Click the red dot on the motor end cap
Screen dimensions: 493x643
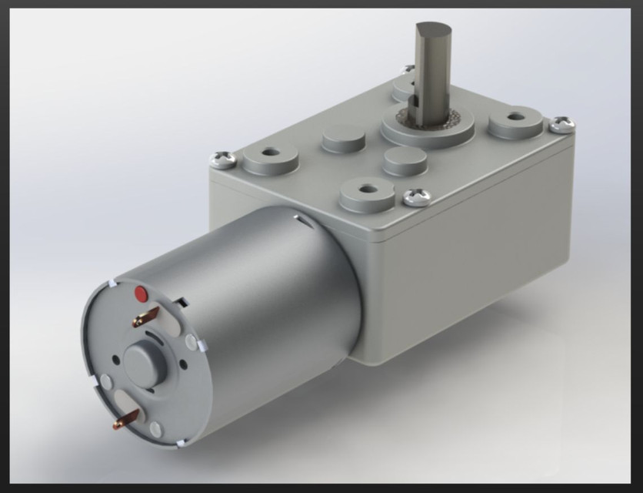point(141,293)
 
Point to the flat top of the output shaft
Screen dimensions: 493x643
point(434,33)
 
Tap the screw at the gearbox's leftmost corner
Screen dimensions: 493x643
point(224,160)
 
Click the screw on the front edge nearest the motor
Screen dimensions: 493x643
point(416,197)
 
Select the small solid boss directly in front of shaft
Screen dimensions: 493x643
point(405,160)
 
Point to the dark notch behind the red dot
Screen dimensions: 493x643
point(182,299)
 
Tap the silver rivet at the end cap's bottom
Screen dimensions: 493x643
point(155,430)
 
